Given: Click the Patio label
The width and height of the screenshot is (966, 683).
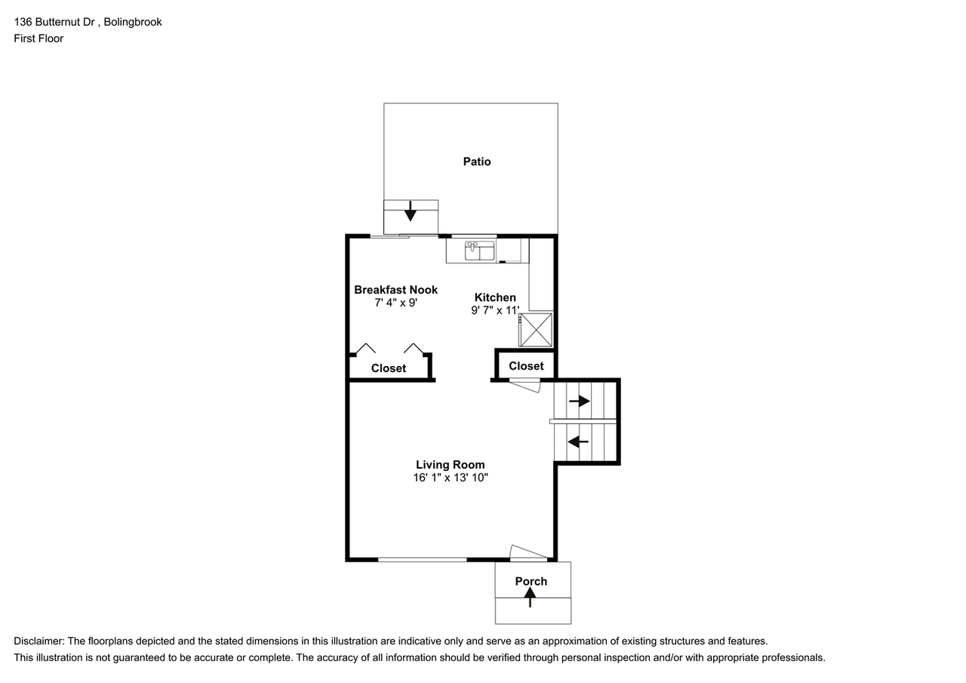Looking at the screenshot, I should (476, 162).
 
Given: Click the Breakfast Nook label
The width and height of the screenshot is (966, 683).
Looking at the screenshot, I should (395, 290).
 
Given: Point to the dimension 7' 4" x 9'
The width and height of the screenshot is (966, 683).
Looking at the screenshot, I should (395, 303).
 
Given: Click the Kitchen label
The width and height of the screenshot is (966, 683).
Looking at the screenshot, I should (494, 297).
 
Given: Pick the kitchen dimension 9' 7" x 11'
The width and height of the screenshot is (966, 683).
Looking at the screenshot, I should (494, 310).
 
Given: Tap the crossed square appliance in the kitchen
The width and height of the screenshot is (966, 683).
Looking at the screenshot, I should (535, 330).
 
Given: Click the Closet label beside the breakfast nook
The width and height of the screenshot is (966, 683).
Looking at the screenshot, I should (388, 368).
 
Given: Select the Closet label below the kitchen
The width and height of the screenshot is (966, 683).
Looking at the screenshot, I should (525, 366).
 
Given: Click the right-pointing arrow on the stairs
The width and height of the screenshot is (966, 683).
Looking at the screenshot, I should (579, 401).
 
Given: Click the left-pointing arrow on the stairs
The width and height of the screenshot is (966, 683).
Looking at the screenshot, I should (578, 441).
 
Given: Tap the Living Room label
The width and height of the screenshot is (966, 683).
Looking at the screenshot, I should (450, 465).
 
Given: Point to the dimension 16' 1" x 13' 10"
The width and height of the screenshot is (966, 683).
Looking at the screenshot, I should (450, 478).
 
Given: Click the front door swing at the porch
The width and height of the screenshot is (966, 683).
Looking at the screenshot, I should (528, 553).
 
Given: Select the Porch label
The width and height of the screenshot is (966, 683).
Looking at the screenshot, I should (531, 581).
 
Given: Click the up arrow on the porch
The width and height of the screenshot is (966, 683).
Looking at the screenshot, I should (531, 597).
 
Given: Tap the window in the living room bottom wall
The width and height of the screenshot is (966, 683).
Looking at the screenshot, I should (422, 559).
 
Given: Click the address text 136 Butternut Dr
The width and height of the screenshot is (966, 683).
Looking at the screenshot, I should (55, 22).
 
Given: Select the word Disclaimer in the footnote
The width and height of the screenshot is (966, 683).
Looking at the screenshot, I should (38, 641).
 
